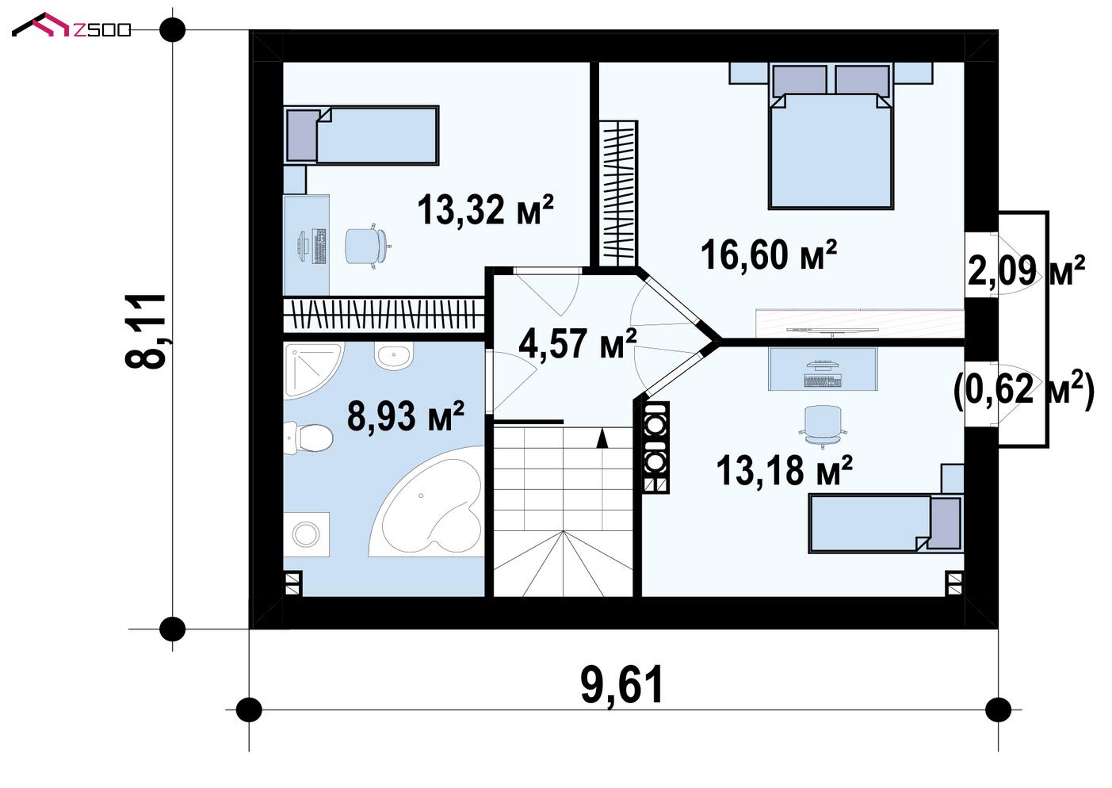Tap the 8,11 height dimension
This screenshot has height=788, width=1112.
[x=146, y=331]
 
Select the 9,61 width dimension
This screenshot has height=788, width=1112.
[x=622, y=686]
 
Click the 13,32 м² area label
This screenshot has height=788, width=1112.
[x=485, y=209]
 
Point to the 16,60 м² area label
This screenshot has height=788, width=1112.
[x=769, y=254]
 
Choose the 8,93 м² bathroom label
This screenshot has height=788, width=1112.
[x=406, y=415]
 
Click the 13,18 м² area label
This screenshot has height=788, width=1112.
[x=785, y=470]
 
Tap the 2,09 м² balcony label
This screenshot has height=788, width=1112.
[x=1026, y=270]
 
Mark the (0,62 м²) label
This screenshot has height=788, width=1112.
[x=1024, y=389]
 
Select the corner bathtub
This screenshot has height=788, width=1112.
[x=427, y=502]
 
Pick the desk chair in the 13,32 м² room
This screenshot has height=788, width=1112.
[x=367, y=246]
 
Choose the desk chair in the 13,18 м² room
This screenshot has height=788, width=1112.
[x=823, y=425]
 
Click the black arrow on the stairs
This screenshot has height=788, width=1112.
[x=602, y=438]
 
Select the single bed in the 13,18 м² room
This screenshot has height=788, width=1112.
[x=886, y=523]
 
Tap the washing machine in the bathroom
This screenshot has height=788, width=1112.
[x=306, y=534]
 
